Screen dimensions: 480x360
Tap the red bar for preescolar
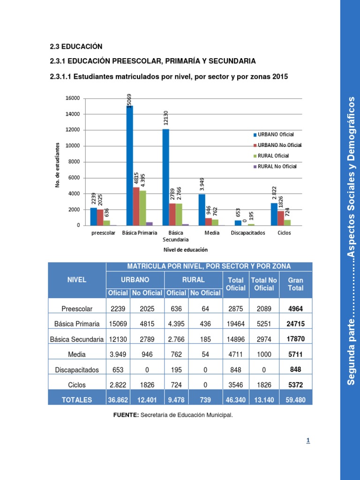point(100,217)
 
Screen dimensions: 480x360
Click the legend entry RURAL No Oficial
point(277,166)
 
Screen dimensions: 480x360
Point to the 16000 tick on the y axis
point(73,98)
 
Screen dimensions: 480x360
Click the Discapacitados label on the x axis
point(247,232)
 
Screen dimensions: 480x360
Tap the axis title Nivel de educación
point(185,250)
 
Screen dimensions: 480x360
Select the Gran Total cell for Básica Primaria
point(296,323)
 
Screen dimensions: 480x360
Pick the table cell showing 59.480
point(296,400)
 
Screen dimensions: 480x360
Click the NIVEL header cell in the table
point(77,279)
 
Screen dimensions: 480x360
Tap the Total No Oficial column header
point(264,284)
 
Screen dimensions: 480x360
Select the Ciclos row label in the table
point(77,384)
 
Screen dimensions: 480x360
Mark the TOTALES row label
point(77,400)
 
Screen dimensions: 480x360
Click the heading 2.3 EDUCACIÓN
point(75,47)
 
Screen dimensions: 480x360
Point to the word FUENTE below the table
point(126,415)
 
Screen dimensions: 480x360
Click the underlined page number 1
point(308,440)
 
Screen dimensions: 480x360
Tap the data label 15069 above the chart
point(129,99)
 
